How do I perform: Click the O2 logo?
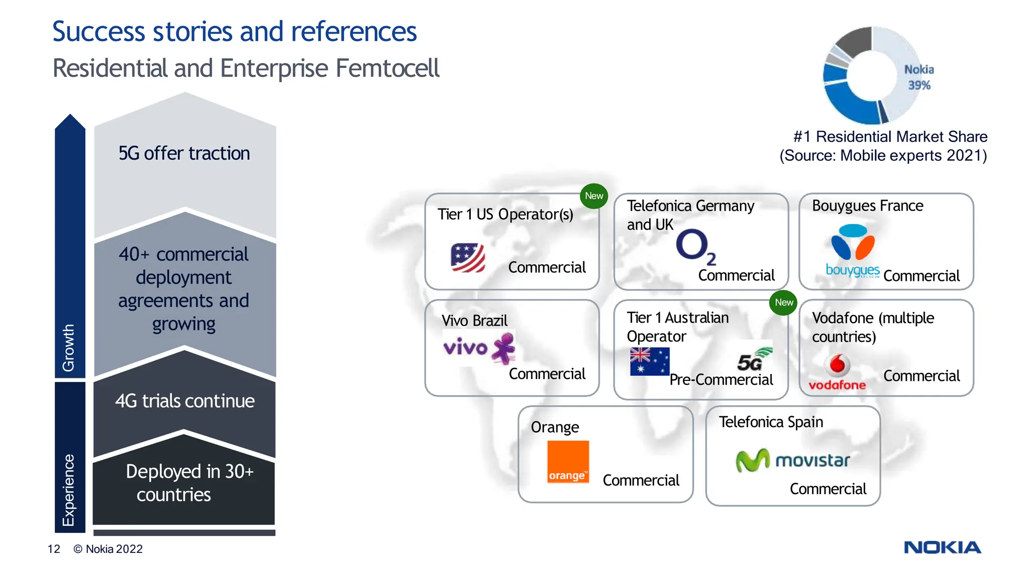tap(695, 246)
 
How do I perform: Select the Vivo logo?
tap(479, 348)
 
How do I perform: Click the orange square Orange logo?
tap(568, 461)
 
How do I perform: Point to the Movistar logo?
tap(792, 460)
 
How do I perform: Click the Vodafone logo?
tap(837, 372)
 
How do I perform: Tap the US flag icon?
tap(468, 257)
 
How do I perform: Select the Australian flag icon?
tap(650, 362)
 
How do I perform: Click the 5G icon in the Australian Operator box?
tap(754, 359)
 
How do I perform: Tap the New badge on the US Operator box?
tap(594, 196)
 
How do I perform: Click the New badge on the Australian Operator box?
tap(783, 303)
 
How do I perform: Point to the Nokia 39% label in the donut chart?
tap(919, 77)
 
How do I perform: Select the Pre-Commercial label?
tap(721, 380)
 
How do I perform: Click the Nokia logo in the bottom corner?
tap(942, 547)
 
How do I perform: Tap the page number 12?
tap(54, 549)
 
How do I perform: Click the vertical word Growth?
tap(68, 347)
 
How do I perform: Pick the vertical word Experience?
tap(68, 490)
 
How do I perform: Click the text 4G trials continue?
tap(184, 401)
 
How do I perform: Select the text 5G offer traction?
tap(184, 153)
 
